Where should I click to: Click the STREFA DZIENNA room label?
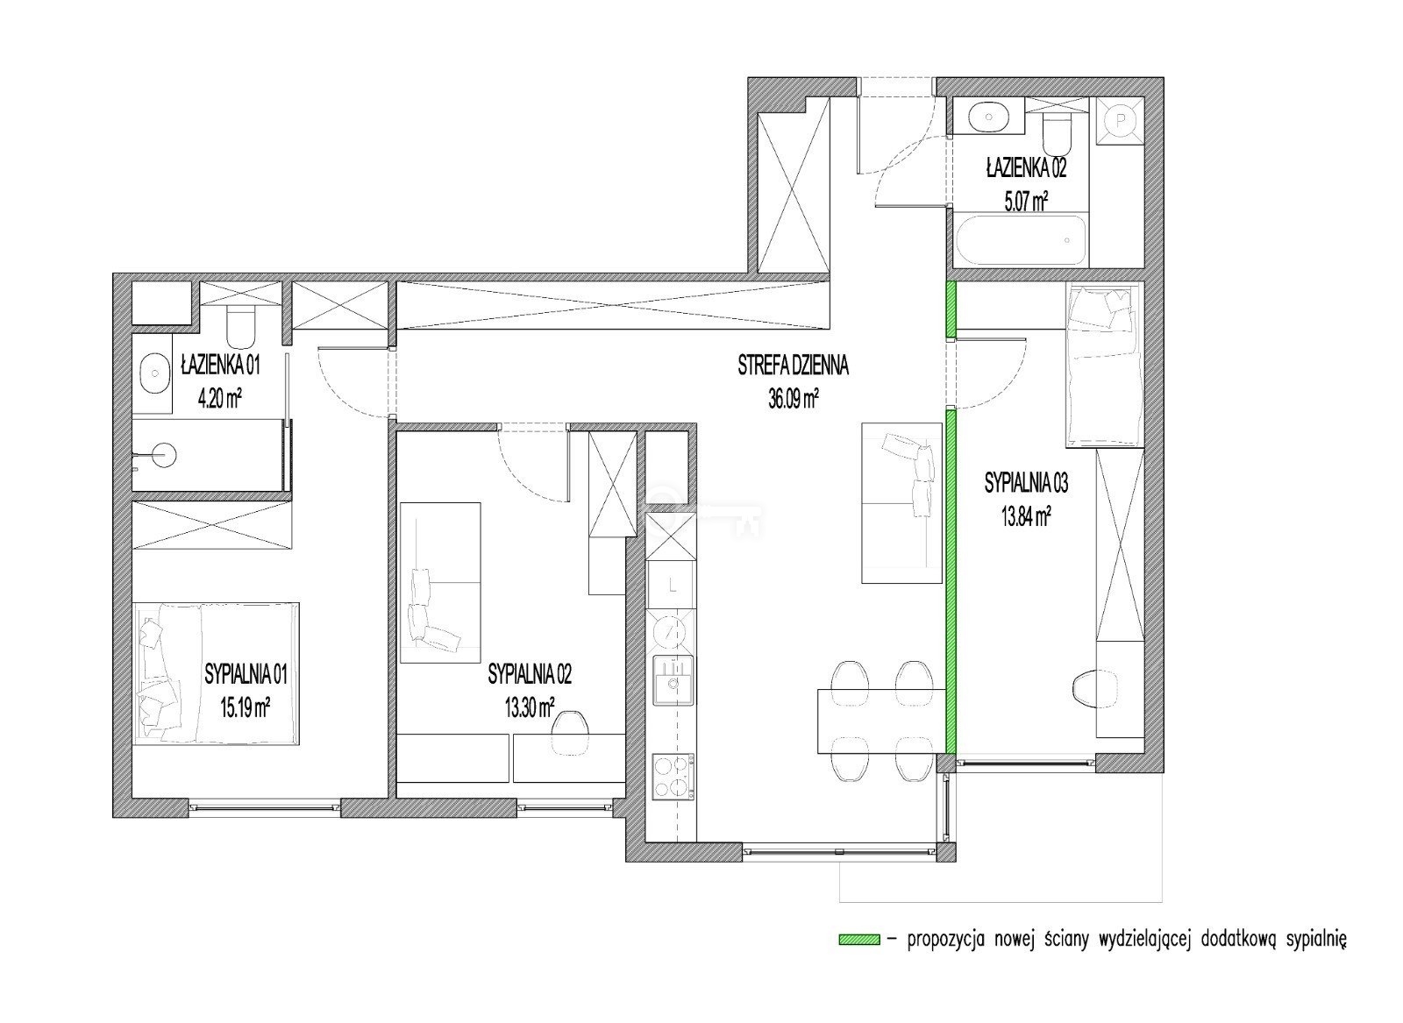(793, 366)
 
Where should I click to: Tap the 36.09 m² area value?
(794, 399)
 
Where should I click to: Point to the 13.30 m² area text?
(530, 707)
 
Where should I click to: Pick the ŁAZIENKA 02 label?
(1026, 168)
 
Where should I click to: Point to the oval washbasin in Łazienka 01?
(154, 373)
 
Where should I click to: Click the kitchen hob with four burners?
(674, 778)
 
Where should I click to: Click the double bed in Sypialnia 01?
(216, 673)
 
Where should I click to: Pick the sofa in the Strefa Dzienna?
(901, 503)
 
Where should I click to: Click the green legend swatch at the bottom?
(859, 939)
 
